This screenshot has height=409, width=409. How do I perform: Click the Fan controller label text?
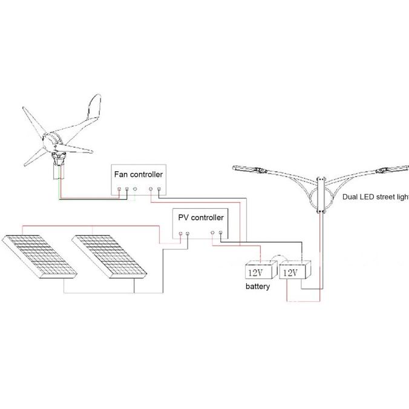[x=138, y=174]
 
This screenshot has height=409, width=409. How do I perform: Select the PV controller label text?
[x=201, y=217]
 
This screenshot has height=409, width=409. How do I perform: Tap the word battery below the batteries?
[x=258, y=286]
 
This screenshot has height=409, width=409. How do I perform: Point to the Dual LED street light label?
[x=376, y=197]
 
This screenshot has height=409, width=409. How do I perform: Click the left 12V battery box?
[x=261, y=270]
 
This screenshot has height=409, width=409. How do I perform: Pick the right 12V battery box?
[x=295, y=270]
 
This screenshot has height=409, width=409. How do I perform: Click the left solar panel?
[x=40, y=257]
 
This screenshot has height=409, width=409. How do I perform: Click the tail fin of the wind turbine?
[x=94, y=107]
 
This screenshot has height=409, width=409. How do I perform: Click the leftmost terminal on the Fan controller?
[x=119, y=189]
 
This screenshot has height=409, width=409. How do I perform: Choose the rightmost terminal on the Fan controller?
[x=159, y=189]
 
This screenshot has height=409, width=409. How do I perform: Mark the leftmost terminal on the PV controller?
[x=180, y=234]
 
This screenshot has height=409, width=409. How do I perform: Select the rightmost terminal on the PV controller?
[x=220, y=232]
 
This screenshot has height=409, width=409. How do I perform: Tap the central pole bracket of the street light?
[x=321, y=195]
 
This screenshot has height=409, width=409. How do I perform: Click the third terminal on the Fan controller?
[x=135, y=188]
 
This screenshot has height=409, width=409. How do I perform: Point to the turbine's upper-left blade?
[x=34, y=121]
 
